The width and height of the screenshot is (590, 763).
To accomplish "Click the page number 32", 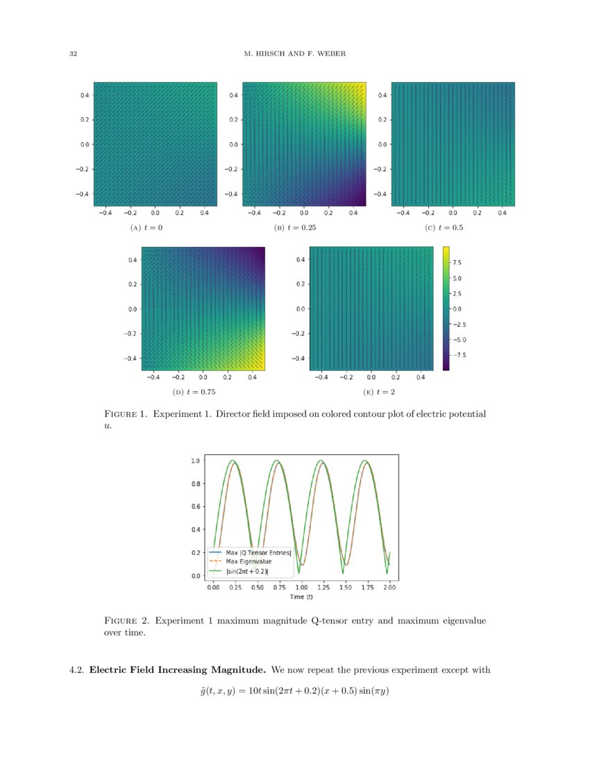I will click(x=72, y=54).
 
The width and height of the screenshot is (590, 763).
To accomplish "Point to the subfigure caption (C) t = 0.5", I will click(x=445, y=227).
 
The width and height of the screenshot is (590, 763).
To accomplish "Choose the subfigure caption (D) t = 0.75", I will click(x=194, y=393).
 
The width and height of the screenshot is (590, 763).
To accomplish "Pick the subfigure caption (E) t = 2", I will click(x=369, y=393).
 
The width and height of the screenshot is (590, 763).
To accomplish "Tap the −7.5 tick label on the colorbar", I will click(x=460, y=355).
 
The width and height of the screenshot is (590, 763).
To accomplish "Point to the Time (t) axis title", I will click(x=301, y=597).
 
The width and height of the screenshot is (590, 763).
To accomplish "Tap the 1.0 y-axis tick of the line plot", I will click(x=196, y=461).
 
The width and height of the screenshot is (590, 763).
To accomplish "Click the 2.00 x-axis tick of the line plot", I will click(x=390, y=587).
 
